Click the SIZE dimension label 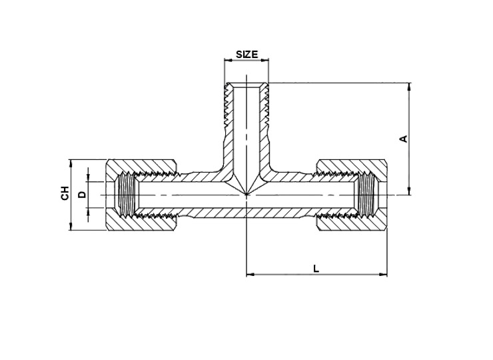pos(246,55)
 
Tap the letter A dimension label pos(403,139)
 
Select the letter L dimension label pos(316,269)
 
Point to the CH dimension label pos(65,193)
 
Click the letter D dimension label pos(82,195)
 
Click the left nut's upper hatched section pos(141,167)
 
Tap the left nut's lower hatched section pos(141,223)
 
